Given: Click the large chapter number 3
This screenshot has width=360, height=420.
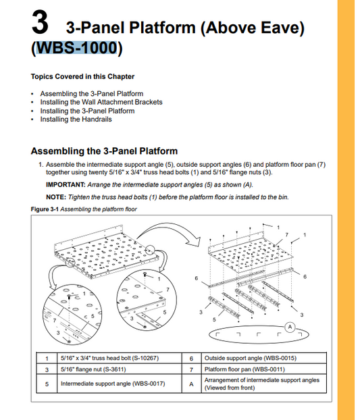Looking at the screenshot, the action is coord(40,22).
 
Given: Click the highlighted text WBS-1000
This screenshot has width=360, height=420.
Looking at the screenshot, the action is coord(76,48).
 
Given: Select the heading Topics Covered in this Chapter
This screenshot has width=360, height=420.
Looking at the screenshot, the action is coord(82,76).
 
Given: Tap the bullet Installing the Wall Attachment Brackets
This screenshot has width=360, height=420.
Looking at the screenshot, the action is coord(101,102).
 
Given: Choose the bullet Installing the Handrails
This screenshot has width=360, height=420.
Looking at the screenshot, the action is coord(76,120).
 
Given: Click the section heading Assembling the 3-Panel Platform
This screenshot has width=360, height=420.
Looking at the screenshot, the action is coord(104,151).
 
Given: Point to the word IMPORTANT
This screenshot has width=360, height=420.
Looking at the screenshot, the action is coord(66,185).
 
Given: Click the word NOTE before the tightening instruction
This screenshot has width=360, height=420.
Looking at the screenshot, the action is coord(56,197).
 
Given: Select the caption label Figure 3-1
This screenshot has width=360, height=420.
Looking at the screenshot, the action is coord(45,209).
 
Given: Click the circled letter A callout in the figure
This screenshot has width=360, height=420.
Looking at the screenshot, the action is coord(290,327).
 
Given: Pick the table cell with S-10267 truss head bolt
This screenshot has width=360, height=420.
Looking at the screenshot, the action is coord(119,358).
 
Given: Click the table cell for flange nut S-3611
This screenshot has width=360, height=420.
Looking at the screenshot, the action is coord(119,369).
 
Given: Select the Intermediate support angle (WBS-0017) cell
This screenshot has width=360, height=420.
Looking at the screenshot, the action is coord(119,384).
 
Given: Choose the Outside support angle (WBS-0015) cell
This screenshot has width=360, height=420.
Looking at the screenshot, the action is coord(264,358).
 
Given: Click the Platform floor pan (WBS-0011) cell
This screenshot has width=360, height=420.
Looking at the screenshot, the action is coord(264,369).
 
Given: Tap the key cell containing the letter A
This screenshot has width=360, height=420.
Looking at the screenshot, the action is coord(191,384).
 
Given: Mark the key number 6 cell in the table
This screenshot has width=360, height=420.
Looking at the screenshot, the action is coord(191,359).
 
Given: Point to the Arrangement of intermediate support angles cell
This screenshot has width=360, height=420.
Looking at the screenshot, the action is coord(264,384).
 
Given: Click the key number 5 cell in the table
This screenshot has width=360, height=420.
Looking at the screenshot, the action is coord(47,384).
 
